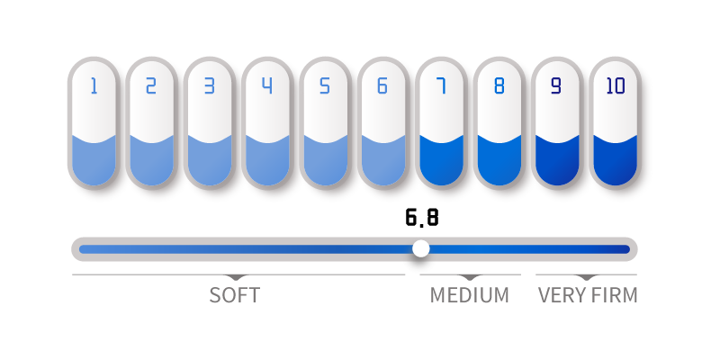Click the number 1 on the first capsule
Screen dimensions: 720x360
click(x=94, y=85)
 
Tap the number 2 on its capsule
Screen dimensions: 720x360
click(x=151, y=85)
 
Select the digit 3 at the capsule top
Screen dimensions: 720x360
click(x=210, y=85)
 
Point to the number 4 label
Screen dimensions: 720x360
click(x=267, y=85)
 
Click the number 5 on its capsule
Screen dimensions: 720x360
click(x=325, y=85)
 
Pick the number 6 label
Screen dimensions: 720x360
click(x=382, y=85)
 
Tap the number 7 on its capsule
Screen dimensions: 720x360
click(x=441, y=85)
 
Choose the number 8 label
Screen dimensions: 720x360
click(x=499, y=85)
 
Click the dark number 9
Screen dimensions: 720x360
click(x=556, y=85)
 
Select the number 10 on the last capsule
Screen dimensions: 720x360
click(x=616, y=85)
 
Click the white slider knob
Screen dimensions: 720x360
click(x=420, y=249)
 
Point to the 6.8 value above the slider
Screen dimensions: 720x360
click(x=422, y=217)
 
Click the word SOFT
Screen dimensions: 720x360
click(x=235, y=295)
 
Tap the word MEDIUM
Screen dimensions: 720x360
click(x=469, y=295)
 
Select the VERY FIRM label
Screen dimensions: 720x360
click(x=588, y=295)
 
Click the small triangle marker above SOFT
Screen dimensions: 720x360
click(x=236, y=277)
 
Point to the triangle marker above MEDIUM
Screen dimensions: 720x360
click(x=469, y=277)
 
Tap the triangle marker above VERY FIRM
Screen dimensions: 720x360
click(x=588, y=277)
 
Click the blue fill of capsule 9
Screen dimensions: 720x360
click(x=557, y=162)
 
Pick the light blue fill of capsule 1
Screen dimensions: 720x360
click(x=94, y=162)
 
